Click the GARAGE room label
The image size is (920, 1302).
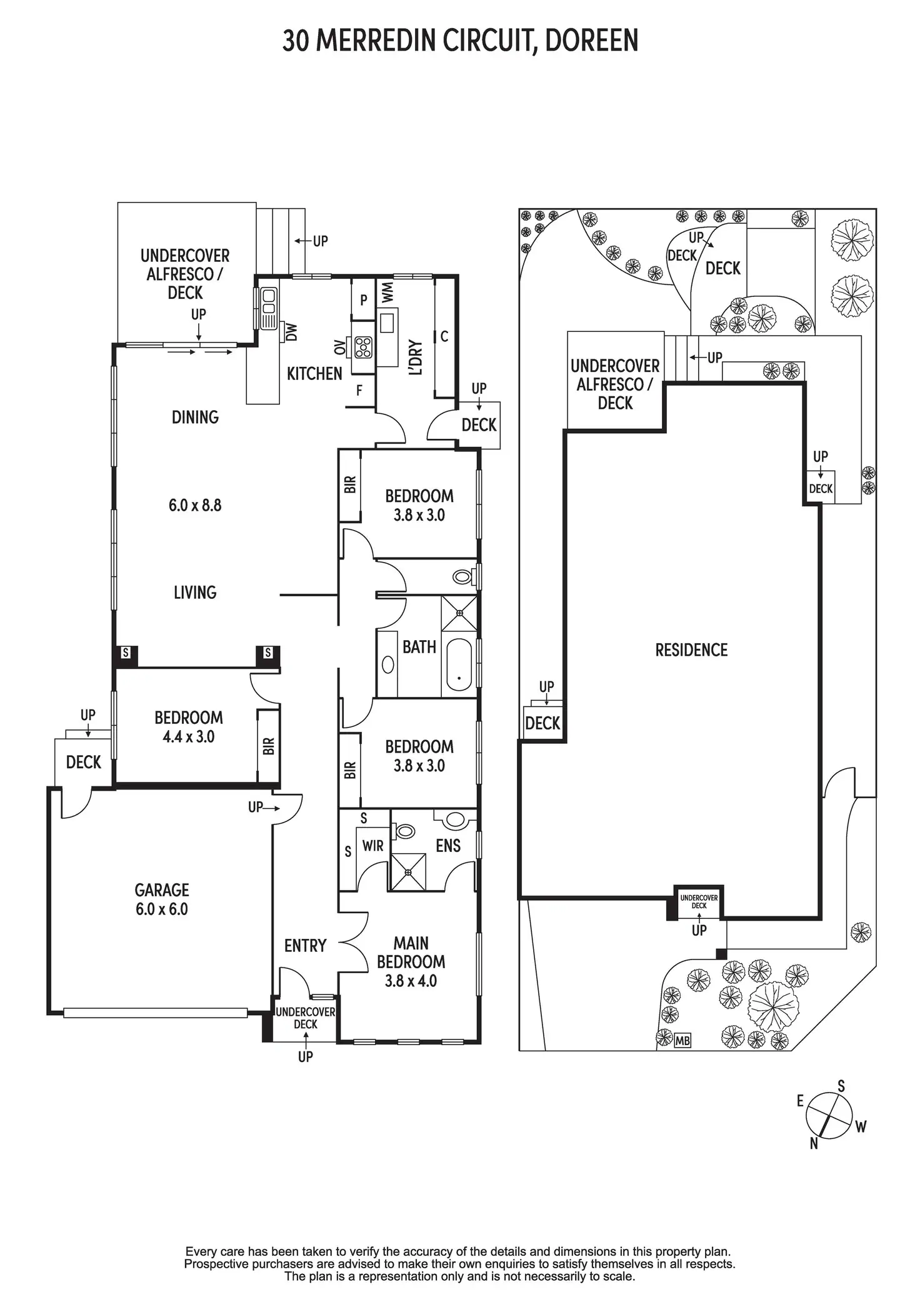tap(162, 889)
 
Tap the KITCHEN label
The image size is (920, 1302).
tap(314, 374)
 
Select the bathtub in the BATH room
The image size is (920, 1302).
tap(459, 665)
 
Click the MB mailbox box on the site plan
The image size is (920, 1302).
tap(682, 1041)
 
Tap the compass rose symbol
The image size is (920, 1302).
tap(829, 1115)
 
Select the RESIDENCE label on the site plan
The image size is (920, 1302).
tap(691, 650)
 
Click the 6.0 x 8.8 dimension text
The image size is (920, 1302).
tap(195, 505)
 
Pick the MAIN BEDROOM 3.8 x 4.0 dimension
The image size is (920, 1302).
tap(411, 981)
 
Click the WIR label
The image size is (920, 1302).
tap(372, 846)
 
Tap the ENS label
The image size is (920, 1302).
tap(448, 846)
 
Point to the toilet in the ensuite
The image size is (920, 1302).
tap(404, 831)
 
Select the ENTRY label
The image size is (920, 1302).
tap(305, 946)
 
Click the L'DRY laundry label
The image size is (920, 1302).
tap(416, 358)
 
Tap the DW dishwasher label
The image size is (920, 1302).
tap(291, 331)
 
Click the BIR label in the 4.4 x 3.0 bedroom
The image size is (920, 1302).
tap(269, 746)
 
